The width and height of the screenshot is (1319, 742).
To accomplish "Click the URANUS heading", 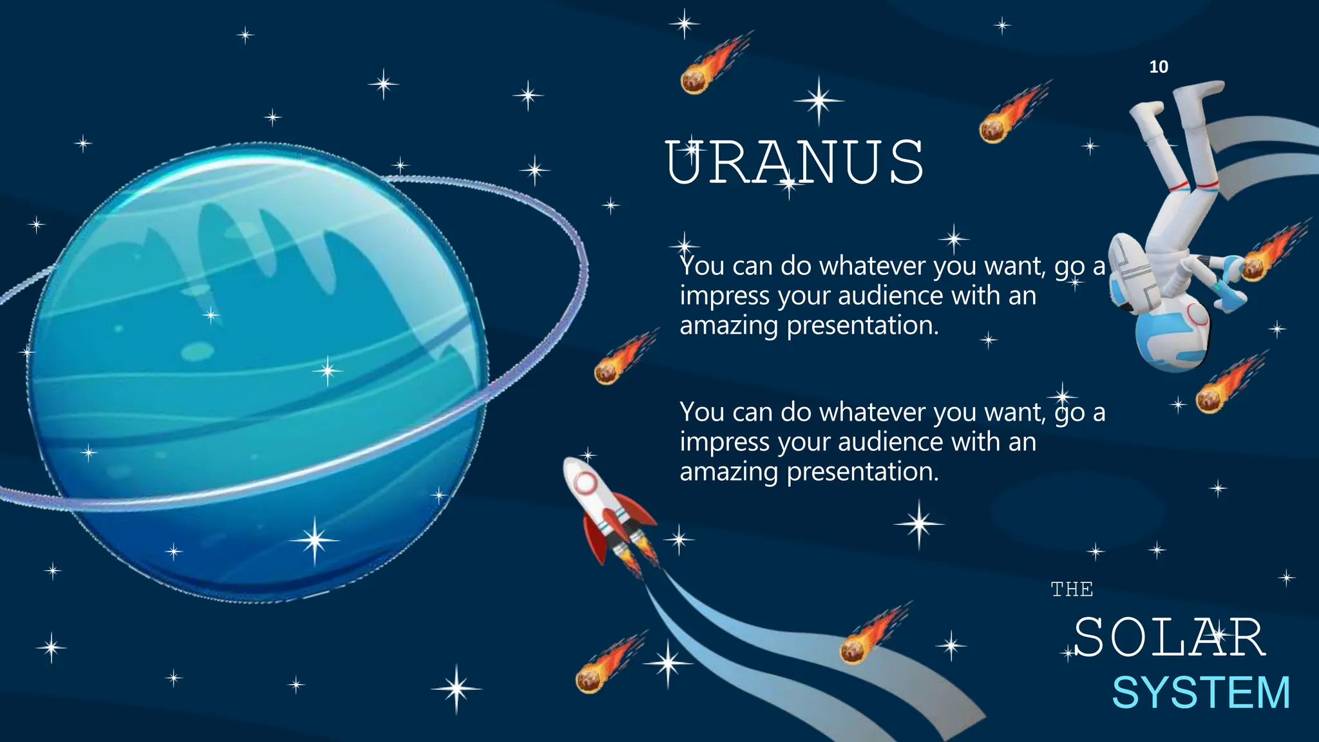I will pyautogui.click(x=795, y=162).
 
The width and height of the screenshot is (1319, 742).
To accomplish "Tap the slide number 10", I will pyautogui.click(x=1158, y=67).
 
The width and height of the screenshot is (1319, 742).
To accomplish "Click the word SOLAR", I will pyautogui.click(x=1169, y=638).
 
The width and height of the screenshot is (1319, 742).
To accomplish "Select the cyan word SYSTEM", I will pyautogui.click(x=1201, y=693).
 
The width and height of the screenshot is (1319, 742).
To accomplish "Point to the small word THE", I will pyautogui.click(x=1072, y=589).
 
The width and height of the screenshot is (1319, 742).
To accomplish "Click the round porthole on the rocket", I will pyautogui.click(x=585, y=482).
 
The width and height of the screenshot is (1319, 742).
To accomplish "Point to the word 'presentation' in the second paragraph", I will pyautogui.click(x=863, y=472).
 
